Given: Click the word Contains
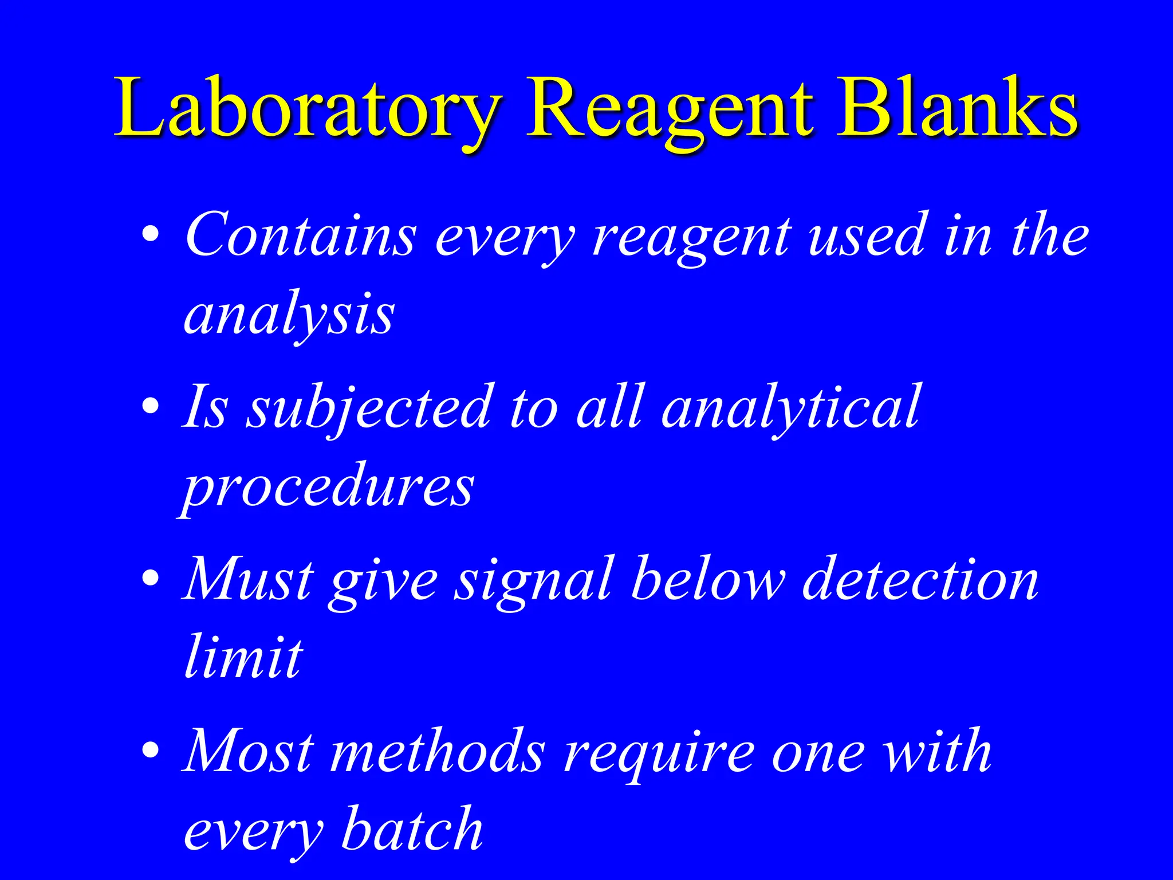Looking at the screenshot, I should pyautogui.click(x=301, y=235).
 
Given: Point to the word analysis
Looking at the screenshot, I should pyautogui.click(x=289, y=315).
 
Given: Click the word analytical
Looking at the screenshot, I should pyautogui.click(x=790, y=408).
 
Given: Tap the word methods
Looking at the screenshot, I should pyautogui.click(x=438, y=752).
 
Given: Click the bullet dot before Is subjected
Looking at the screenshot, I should pyautogui.click(x=151, y=407).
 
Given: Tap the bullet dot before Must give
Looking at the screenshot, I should pyautogui.click(x=151, y=579).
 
